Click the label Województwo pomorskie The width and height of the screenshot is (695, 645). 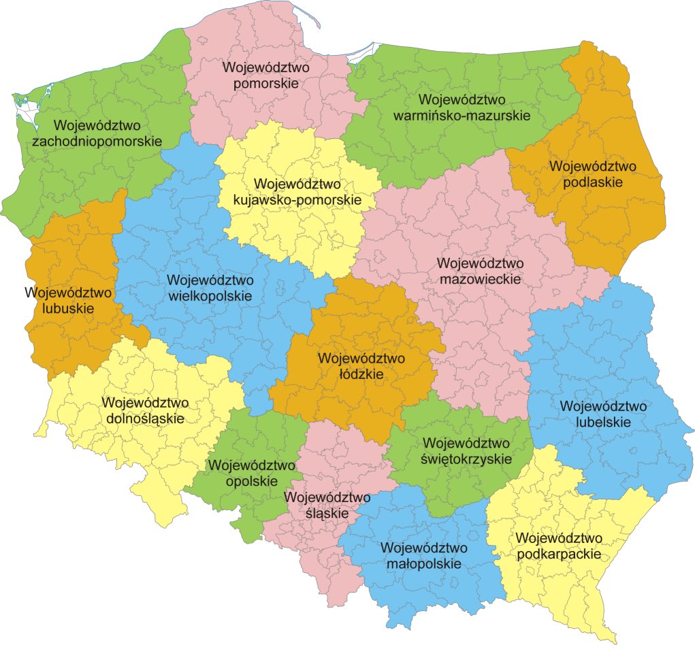[265, 76]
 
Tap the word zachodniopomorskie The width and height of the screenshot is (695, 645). [97, 142]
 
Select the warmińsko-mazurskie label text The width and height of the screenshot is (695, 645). [462, 116]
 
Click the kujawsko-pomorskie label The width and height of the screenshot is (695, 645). [297, 201]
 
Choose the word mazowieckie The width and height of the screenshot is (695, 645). [480, 278]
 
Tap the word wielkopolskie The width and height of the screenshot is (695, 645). [210, 296]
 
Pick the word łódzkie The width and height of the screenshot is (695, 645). [361, 374]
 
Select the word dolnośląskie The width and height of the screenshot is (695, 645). [146, 418]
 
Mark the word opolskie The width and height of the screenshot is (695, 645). [253, 481]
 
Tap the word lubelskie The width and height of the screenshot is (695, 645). [603, 422]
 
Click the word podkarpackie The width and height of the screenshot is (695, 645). [559, 554]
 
